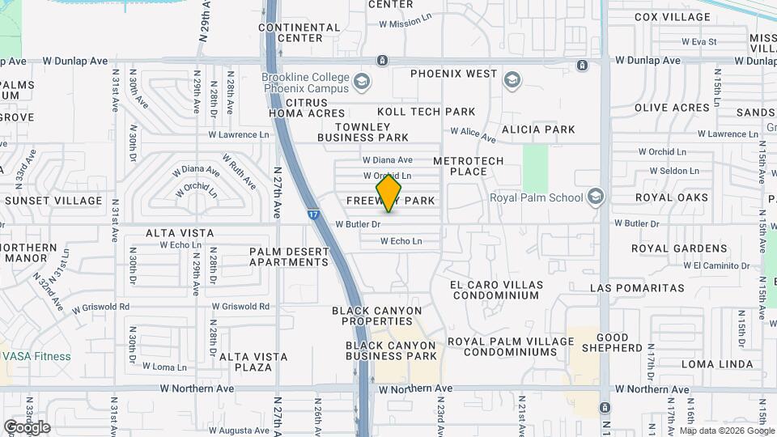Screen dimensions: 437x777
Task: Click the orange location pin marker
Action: (x=389, y=193)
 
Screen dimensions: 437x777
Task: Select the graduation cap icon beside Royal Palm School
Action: (x=596, y=197)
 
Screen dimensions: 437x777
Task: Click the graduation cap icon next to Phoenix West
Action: (x=512, y=79)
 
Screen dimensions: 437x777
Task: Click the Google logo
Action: (x=27, y=426)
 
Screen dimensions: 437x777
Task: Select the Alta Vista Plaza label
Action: (x=253, y=362)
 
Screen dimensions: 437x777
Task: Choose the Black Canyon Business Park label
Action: (x=392, y=350)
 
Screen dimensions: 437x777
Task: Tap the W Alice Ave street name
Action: (x=473, y=132)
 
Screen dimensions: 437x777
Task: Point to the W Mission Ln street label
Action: (x=411, y=23)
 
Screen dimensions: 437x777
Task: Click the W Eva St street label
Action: (x=699, y=41)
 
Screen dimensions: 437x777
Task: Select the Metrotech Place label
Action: (x=469, y=166)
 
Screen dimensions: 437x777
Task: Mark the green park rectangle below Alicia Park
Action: (x=535, y=167)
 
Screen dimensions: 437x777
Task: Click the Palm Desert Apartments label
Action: (x=289, y=257)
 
